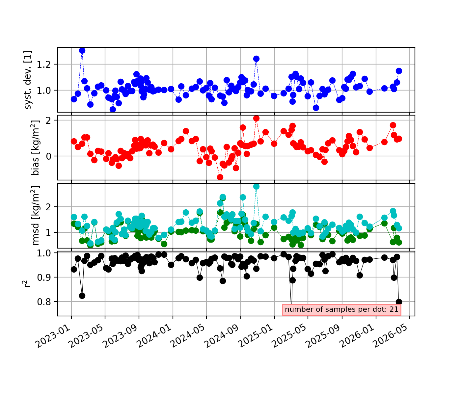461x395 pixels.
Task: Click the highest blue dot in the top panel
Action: [x=82, y=51]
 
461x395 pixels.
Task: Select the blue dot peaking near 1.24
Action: [x=256, y=59]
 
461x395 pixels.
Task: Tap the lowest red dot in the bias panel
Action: [x=220, y=177]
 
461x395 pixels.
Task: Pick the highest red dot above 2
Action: [x=256, y=118]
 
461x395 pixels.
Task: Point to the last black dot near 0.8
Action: [x=399, y=302]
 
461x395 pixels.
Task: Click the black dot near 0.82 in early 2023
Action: [x=82, y=296]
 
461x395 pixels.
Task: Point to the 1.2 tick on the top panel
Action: [x=44, y=65]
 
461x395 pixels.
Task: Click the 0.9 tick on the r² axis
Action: [x=44, y=277]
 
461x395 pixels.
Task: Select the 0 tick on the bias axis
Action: [x=48, y=156]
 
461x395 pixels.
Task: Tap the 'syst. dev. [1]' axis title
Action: [x=28, y=80]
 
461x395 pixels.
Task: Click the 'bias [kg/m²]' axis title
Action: [x=35, y=148]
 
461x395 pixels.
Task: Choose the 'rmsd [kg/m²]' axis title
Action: [x=35, y=216]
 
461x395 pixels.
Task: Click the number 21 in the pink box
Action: [x=394, y=309]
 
